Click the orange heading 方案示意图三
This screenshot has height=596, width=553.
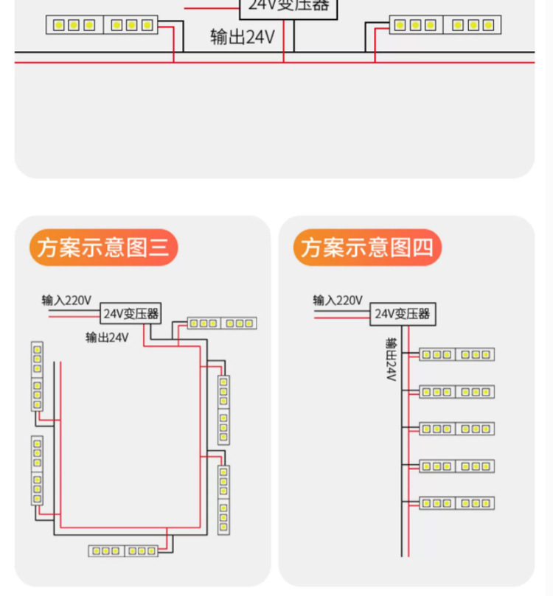click(103, 248)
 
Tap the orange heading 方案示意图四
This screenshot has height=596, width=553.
click(367, 248)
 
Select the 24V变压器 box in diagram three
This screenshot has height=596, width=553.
click(131, 313)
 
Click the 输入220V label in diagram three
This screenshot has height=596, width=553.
click(66, 301)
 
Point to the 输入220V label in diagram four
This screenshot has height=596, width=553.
click(338, 301)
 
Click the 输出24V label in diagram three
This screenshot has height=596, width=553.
click(107, 337)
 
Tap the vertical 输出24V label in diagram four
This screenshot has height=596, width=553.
click(391, 360)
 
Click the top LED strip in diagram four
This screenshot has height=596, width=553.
click(456, 354)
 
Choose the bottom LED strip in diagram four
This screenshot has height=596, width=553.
click(456, 503)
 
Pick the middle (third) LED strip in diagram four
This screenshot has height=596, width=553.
click(456, 429)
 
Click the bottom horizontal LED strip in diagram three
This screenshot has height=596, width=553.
click(123, 550)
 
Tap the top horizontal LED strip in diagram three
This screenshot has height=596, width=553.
click(221, 323)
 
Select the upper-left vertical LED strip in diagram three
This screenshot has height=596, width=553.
click(37, 376)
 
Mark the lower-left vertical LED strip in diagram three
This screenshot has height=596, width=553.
click(37, 470)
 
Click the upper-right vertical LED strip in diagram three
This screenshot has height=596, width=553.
click(223, 410)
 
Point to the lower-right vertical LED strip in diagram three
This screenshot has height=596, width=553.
click(223, 499)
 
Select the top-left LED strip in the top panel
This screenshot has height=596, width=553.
click(102, 25)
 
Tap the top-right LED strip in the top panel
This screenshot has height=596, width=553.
click(446, 25)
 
